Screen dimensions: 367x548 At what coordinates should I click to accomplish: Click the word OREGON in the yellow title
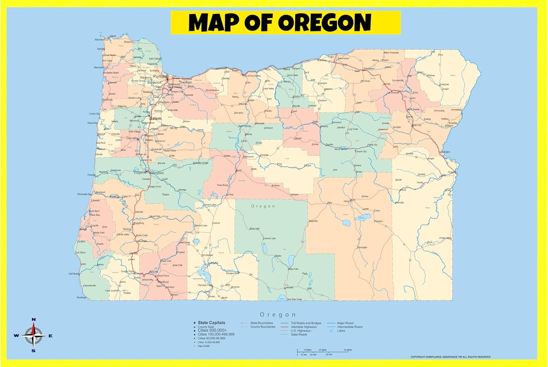[x=325, y=23]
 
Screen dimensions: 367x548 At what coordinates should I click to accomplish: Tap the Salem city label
[x=155, y=118]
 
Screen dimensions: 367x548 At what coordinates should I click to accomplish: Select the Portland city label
[x=160, y=76]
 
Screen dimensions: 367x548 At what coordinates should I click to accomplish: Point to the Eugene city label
[x=140, y=172]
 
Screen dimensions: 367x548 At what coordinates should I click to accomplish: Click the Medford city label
[x=163, y=282]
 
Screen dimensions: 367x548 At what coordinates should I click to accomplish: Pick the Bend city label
[x=239, y=171]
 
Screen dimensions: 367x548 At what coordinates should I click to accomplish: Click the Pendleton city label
[x=369, y=68]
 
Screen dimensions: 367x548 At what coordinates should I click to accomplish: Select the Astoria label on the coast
[x=113, y=36]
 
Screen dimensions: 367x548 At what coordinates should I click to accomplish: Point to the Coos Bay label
[x=95, y=215]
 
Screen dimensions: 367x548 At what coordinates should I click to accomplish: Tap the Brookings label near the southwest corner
[x=81, y=298]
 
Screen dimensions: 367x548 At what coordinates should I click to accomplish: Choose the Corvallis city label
[x=132, y=138]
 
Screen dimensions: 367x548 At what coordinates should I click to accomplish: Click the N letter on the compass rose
[x=34, y=320]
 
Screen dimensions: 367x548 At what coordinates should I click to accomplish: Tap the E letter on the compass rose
[x=50, y=336]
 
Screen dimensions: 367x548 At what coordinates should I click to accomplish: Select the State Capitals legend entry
[x=211, y=322]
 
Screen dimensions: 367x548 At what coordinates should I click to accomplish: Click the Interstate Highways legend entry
[x=304, y=327]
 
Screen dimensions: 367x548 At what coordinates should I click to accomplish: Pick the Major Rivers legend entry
[x=345, y=323]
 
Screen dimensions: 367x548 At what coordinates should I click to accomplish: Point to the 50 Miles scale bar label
[x=348, y=350]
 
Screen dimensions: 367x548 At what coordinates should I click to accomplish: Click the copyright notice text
[x=450, y=357]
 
